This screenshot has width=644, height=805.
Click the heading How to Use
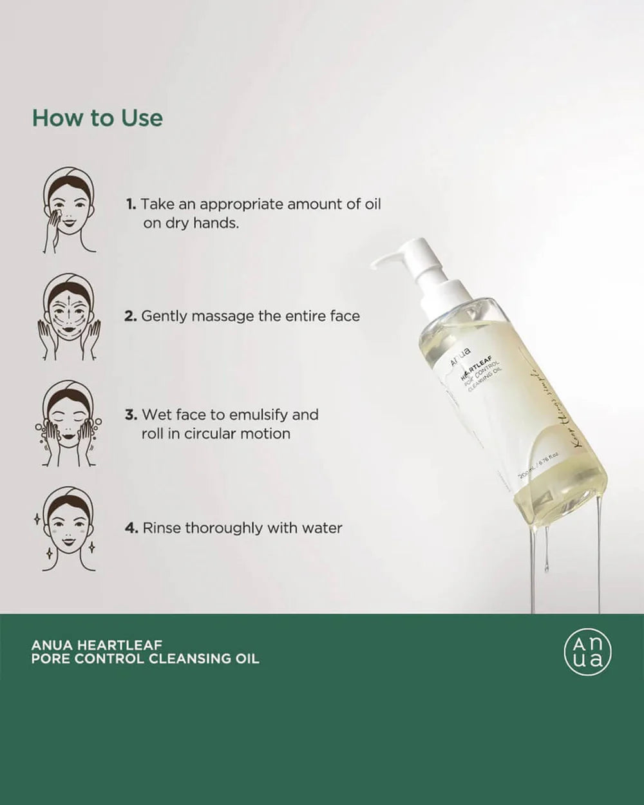97,118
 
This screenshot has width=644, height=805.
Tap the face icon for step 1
69,210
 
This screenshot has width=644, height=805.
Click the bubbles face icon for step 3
69,422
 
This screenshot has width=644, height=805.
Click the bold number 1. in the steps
131,204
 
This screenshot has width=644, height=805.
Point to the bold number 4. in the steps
131,528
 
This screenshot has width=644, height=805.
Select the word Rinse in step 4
162,528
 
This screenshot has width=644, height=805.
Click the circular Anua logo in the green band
587,652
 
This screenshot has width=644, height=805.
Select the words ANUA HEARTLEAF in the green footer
97,644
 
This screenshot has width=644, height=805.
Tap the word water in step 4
321,528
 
